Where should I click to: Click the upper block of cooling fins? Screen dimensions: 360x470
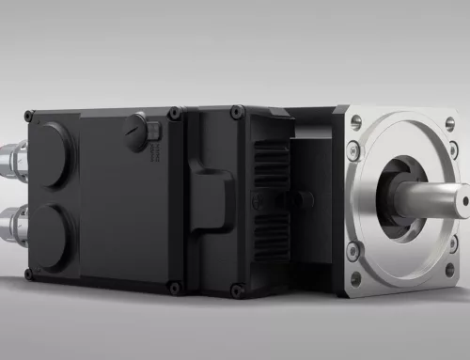(x=269, y=165)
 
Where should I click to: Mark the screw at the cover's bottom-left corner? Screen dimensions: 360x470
(x=29, y=273)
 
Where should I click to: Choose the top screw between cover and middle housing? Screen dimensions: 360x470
(x=173, y=114)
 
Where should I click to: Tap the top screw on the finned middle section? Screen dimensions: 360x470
(x=236, y=111)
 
